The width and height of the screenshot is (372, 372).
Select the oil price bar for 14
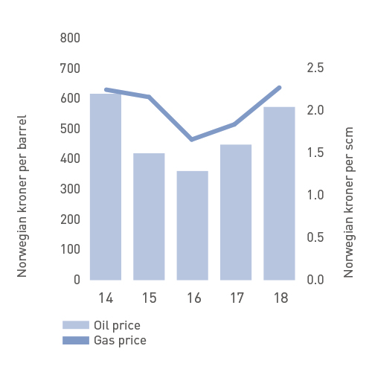point(106,186)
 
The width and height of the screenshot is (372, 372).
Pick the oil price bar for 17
point(236,212)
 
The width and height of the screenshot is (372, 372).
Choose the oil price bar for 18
point(279,193)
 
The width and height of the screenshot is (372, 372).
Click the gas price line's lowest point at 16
point(192,139)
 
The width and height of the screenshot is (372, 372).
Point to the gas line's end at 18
point(279,88)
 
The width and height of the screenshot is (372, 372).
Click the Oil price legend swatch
point(74,325)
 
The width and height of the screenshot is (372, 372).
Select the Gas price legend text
point(120,341)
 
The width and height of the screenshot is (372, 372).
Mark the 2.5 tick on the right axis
point(315,68)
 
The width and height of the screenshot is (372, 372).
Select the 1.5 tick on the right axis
point(315,153)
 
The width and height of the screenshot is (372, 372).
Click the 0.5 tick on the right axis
point(315,237)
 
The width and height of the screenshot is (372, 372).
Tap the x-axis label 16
point(192,298)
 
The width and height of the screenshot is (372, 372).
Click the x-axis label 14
point(106,298)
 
